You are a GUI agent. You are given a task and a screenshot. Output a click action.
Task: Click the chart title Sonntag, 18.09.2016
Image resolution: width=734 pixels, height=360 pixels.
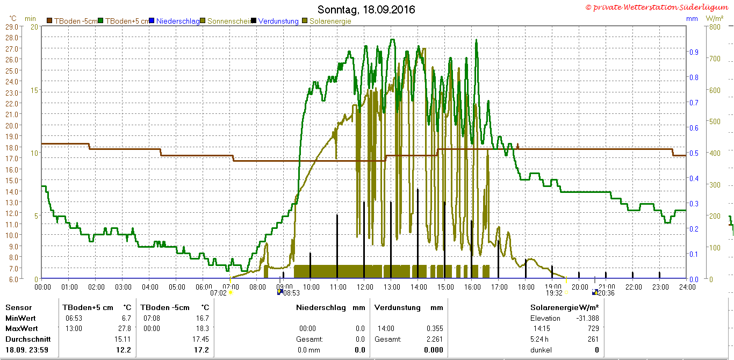(366, 10)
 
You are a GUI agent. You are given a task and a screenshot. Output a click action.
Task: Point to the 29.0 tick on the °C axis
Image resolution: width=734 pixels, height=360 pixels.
(12, 27)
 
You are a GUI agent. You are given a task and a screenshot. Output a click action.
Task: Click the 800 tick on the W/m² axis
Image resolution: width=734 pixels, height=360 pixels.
(715, 27)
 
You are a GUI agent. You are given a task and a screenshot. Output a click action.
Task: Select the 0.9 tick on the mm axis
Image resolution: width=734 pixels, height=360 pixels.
(694, 52)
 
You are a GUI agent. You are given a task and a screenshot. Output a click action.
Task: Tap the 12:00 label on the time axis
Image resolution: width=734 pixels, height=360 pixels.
(365, 287)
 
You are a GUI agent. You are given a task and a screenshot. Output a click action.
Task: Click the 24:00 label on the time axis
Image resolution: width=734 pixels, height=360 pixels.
(687, 287)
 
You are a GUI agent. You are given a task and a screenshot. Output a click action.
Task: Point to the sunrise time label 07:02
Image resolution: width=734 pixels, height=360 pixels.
(218, 293)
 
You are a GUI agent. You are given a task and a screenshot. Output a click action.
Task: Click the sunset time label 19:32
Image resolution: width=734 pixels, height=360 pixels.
(554, 293)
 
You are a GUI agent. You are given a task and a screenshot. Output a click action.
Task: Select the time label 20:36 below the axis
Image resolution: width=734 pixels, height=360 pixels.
(606, 293)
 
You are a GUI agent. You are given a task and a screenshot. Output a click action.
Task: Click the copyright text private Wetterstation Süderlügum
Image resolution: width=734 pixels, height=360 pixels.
(657, 7)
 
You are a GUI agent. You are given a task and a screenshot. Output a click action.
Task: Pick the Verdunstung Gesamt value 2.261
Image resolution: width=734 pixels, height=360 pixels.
(435, 339)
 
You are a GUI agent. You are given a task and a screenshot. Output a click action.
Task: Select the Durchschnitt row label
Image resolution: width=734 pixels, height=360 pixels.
(28, 339)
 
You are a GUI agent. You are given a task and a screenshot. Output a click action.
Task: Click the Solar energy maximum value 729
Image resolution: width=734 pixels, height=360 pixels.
(593, 328)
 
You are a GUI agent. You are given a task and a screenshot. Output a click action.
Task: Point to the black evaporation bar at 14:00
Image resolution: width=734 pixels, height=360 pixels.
(418, 234)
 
